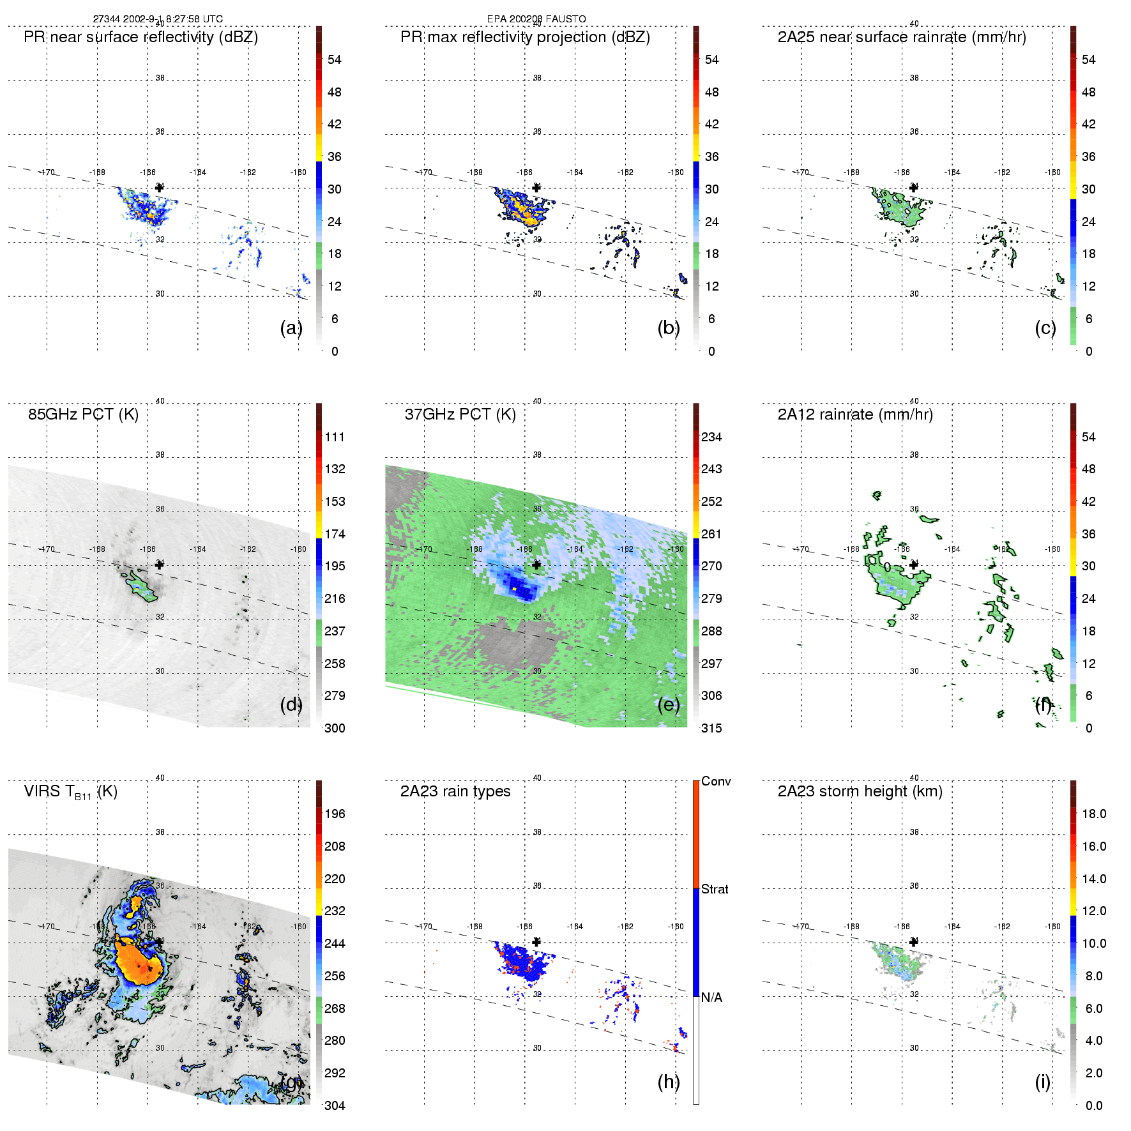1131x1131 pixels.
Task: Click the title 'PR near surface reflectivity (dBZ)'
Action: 140,37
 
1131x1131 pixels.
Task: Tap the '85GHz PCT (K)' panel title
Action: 83,414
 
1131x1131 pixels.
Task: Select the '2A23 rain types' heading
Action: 455,791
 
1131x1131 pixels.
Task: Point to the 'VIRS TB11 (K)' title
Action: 70,792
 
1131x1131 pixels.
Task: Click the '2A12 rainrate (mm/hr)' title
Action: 855,414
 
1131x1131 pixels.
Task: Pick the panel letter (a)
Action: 291,328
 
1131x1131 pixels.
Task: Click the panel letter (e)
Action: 669,704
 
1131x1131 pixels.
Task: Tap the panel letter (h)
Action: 669,1082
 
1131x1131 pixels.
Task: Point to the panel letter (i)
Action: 1042,1082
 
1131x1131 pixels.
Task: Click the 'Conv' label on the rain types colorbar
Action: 716,781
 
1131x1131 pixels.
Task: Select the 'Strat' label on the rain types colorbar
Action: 715,889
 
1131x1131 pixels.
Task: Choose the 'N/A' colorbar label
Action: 711,998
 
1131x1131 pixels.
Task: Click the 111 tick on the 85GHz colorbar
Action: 335,437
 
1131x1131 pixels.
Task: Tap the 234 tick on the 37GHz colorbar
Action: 711,437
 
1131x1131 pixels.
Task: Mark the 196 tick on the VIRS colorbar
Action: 335,814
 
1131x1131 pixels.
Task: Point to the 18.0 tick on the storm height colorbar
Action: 1093,814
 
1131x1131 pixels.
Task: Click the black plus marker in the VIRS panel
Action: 160,941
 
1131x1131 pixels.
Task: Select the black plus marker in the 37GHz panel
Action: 536,565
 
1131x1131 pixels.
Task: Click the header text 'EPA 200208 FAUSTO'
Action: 536,19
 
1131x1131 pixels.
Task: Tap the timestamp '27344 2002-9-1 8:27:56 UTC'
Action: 158,19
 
